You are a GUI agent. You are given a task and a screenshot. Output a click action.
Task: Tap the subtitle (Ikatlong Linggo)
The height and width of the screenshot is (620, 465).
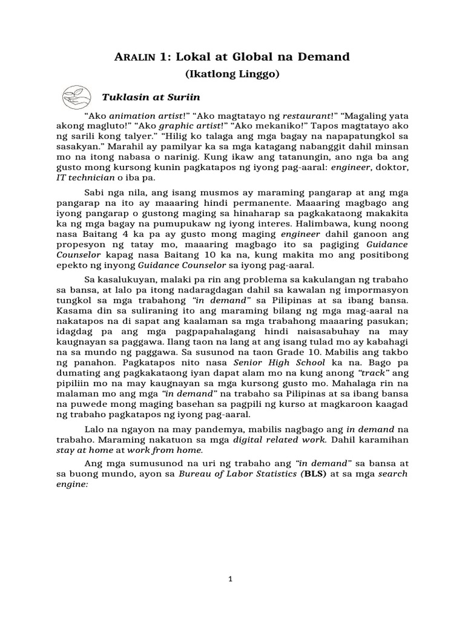click(x=232, y=74)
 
